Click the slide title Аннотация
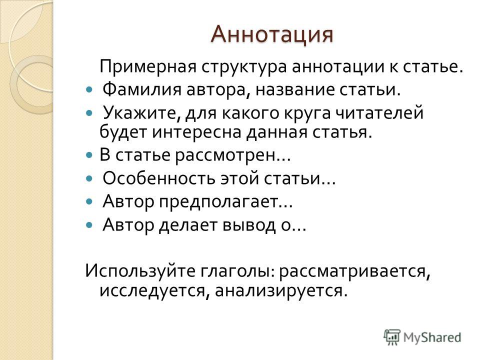pos(272,34)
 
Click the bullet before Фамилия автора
pos(89,90)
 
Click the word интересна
pos(196,132)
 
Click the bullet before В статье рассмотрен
pos(89,155)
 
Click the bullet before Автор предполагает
pos(89,201)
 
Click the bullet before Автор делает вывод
pos(89,225)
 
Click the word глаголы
pos(237,271)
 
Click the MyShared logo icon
pos(392,337)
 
